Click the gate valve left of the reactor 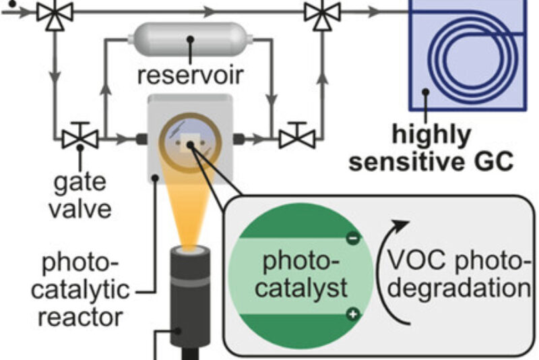pyautogui.click(x=80, y=138)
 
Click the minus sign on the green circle pyautogui.click(x=353, y=237)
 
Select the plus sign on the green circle pyautogui.click(x=353, y=313)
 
